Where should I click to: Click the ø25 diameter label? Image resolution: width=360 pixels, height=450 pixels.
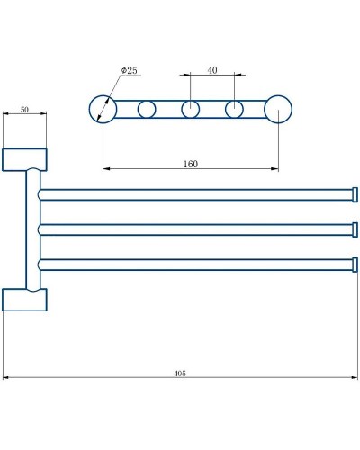pyautogui.click(x=130, y=71)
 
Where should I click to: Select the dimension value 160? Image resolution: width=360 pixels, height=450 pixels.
pyautogui.click(x=190, y=164)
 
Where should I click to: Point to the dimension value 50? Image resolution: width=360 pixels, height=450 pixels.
pyautogui.click(x=24, y=109)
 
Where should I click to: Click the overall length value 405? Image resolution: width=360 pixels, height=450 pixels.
pyautogui.click(x=179, y=373)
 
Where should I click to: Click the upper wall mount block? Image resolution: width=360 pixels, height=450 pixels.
pyautogui.click(x=24, y=159)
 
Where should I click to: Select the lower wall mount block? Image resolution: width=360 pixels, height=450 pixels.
pyautogui.click(x=24, y=299)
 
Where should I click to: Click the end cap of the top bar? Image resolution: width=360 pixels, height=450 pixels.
pyautogui.click(x=355, y=194)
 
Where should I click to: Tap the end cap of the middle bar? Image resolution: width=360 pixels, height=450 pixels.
pyautogui.click(x=355, y=229)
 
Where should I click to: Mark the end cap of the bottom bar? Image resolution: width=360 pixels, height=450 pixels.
pyautogui.click(x=355, y=265)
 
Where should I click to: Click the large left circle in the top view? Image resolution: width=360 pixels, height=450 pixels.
pyautogui.click(x=103, y=110)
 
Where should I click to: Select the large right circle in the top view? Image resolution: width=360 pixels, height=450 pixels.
pyautogui.click(x=278, y=110)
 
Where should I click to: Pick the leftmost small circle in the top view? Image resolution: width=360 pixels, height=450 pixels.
pyautogui.click(x=147, y=110)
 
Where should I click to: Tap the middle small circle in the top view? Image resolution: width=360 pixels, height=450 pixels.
pyautogui.click(x=191, y=110)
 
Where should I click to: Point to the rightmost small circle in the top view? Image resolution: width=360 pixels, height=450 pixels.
pyautogui.click(x=234, y=110)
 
